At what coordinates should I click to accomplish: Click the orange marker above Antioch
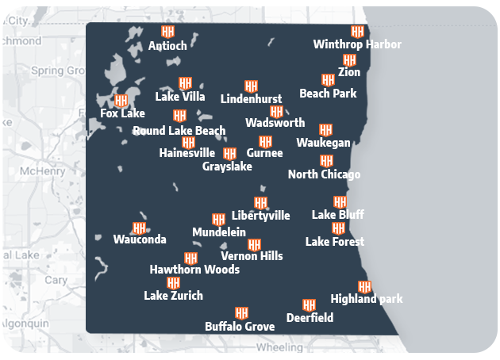(167, 32)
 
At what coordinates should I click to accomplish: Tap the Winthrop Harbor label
(357, 44)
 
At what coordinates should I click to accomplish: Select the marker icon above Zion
(349, 60)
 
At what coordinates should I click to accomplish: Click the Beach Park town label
(328, 94)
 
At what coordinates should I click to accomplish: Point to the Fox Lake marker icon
(121, 101)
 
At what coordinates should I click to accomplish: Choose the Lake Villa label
(180, 97)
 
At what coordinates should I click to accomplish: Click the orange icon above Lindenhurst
(251, 86)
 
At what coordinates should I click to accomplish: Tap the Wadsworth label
(275, 123)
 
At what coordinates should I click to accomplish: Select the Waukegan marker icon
(325, 129)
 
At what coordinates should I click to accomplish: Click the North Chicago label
(324, 174)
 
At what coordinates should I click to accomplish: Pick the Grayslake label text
(227, 167)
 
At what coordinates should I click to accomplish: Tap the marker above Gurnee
(265, 141)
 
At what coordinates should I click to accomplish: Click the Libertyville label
(260, 216)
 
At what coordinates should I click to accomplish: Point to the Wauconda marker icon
(140, 228)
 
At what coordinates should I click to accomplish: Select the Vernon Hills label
(252, 256)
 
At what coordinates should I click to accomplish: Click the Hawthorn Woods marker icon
(190, 258)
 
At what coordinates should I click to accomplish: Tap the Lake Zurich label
(173, 296)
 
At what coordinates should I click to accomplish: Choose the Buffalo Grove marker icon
(241, 313)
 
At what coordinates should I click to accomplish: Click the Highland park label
(367, 299)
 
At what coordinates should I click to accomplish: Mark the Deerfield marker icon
(310, 304)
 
